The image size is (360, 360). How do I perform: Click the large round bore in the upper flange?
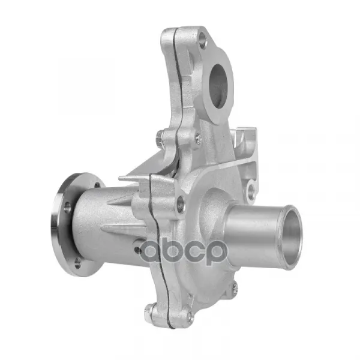pos(218,86)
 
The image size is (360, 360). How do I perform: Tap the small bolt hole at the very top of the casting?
pos(202,40)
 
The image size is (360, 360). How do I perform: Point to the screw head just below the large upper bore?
pos(199,138)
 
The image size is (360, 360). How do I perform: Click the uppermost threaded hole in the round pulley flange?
pos(97,184)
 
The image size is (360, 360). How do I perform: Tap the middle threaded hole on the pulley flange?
pos(67,206)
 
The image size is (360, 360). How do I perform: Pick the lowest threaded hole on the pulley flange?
pos(77,263)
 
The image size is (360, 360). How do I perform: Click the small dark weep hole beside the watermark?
pos(137,250)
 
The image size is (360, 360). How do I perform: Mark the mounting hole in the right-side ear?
pos(251,191)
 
